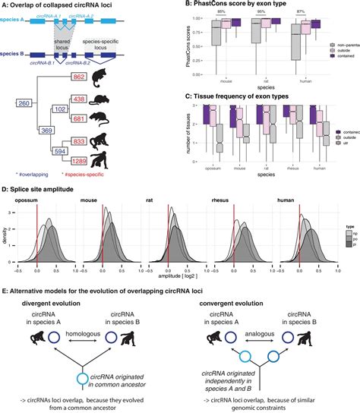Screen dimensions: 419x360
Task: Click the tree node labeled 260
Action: [x=24, y=103]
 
